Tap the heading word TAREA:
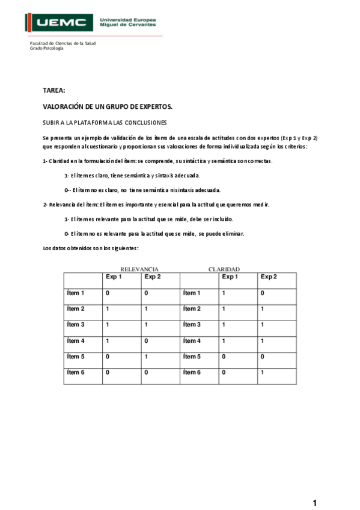53,90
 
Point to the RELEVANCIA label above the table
139,269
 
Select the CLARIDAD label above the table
224,269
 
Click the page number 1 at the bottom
314,502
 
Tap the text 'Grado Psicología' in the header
47,48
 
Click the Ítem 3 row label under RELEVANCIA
76,325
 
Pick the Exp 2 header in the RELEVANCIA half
153,277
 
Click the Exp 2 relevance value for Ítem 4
145,340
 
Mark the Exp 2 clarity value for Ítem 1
261,293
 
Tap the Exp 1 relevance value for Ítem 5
107,356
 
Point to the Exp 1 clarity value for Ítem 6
223,372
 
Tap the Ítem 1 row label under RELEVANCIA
76,293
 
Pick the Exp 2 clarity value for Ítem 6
261,372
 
